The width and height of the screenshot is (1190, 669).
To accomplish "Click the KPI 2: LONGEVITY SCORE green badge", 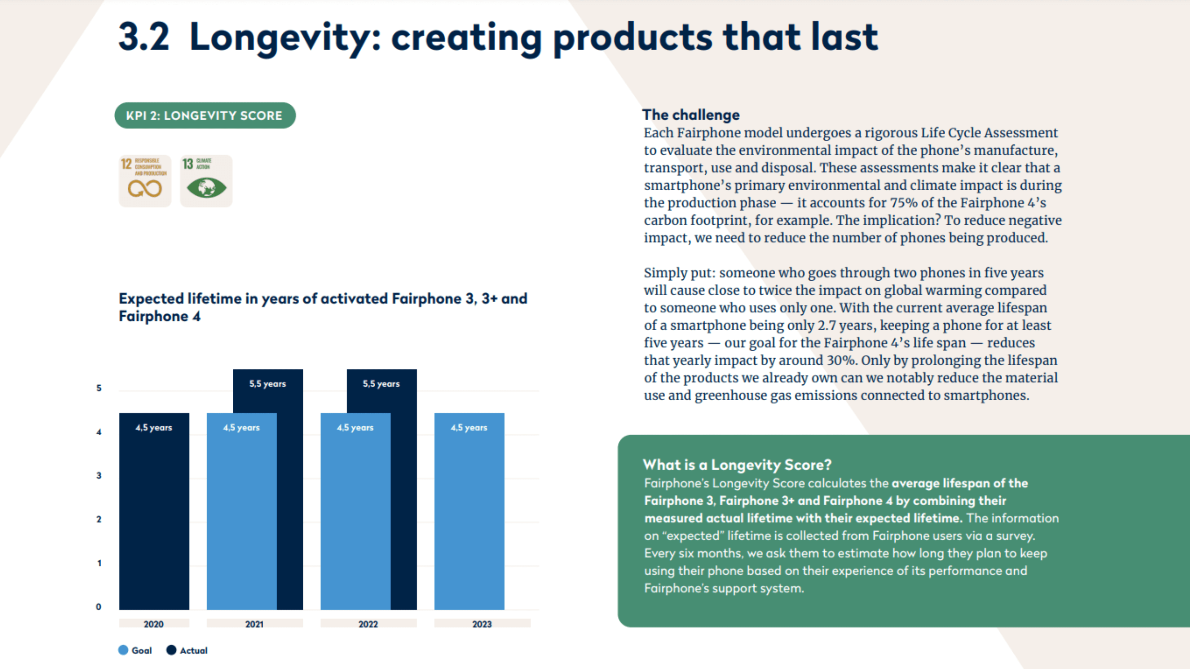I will point(205,116).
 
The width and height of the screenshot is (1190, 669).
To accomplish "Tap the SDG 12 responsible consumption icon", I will point(145,181).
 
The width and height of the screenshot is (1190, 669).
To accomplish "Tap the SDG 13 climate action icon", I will point(206,181).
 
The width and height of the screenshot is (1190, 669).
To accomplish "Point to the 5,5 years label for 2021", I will point(267,384).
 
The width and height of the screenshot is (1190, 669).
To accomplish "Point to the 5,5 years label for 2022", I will point(381,384).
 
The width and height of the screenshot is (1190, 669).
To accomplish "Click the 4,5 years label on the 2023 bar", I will point(469,427).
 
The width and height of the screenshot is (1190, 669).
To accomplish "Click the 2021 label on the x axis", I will point(254,624).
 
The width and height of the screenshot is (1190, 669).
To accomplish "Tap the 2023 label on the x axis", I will point(482,624).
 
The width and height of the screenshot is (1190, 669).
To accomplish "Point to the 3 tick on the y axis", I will point(99,475).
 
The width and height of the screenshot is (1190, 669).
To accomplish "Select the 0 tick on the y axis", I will point(99,607).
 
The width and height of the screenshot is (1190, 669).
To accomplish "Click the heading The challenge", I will point(691,115).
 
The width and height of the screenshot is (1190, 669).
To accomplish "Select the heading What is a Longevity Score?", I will point(737,465).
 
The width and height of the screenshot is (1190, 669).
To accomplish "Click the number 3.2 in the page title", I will point(144,37).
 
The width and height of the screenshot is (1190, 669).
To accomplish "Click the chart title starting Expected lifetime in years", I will point(322,307).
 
